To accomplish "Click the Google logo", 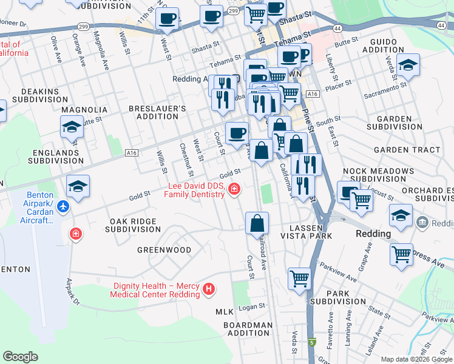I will (21, 357).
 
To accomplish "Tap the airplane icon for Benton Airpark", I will (64, 207).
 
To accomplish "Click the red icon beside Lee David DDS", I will (234, 190).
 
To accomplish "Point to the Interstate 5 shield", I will (312, 343).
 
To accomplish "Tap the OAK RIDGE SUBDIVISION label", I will (133, 225).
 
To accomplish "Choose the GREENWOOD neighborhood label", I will (164, 250).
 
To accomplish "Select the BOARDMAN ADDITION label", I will (248, 329).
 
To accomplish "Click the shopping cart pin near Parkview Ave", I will (299, 279).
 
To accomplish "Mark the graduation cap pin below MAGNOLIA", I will (72, 127).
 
